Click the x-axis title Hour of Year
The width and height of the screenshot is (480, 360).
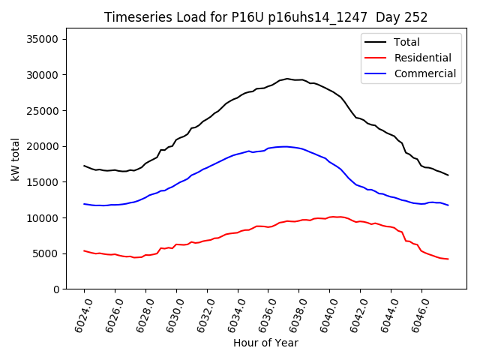[266, 343]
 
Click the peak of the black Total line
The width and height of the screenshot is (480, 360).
[286, 79]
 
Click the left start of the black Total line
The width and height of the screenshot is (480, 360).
[84, 166]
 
